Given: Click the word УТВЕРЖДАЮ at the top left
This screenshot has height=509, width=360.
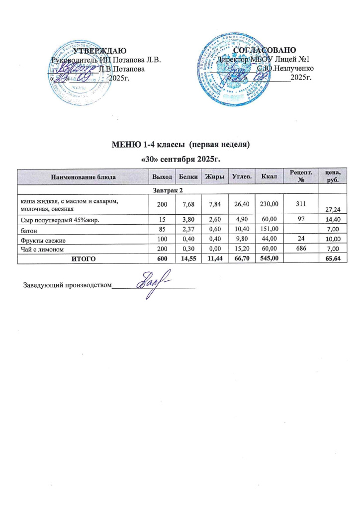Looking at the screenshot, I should click(x=99, y=51).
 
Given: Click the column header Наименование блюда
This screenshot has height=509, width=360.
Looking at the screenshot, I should click(x=83, y=177).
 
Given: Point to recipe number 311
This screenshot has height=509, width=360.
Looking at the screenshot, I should click(x=299, y=204).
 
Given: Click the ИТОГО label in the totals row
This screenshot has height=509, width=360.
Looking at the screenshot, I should click(x=83, y=258).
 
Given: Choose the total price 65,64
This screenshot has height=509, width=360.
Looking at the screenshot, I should click(x=333, y=259).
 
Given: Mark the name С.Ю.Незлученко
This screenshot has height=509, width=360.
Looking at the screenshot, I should click(x=285, y=68).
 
